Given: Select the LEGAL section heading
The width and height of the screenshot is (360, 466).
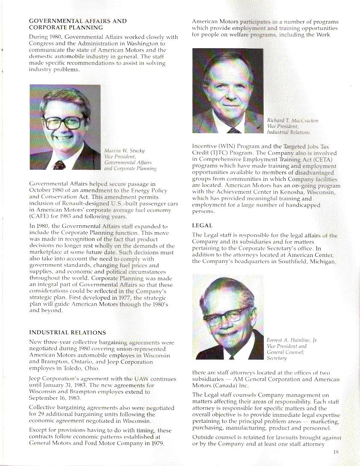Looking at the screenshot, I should click(202, 225).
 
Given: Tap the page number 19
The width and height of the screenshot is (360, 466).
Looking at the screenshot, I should click(335, 453).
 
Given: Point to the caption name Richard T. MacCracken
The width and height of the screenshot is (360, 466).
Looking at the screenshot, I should click(292, 121).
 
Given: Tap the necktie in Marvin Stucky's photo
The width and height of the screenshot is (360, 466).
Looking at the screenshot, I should click(60, 165).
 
